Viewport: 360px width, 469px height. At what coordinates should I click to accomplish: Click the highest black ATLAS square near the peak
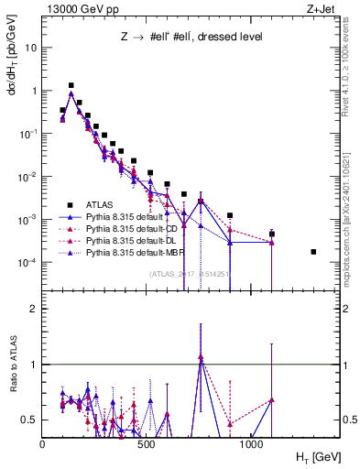pyautogui.click(x=71, y=85)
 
